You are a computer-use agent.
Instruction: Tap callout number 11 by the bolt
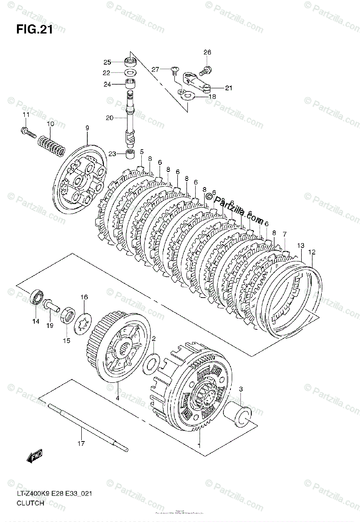tap(26, 115)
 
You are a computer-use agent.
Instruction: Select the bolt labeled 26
tap(206, 69)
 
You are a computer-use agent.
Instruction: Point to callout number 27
tap(155, 69)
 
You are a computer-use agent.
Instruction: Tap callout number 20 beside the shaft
tap(109, 117)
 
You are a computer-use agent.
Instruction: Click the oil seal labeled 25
tap(129, 61)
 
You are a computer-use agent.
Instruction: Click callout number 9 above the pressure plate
tap(87, 128)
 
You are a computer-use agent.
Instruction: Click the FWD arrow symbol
tap(33, 457)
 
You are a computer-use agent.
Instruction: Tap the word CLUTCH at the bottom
tap(30, 503)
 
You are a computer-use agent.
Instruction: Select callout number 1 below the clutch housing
tap(199, 445)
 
